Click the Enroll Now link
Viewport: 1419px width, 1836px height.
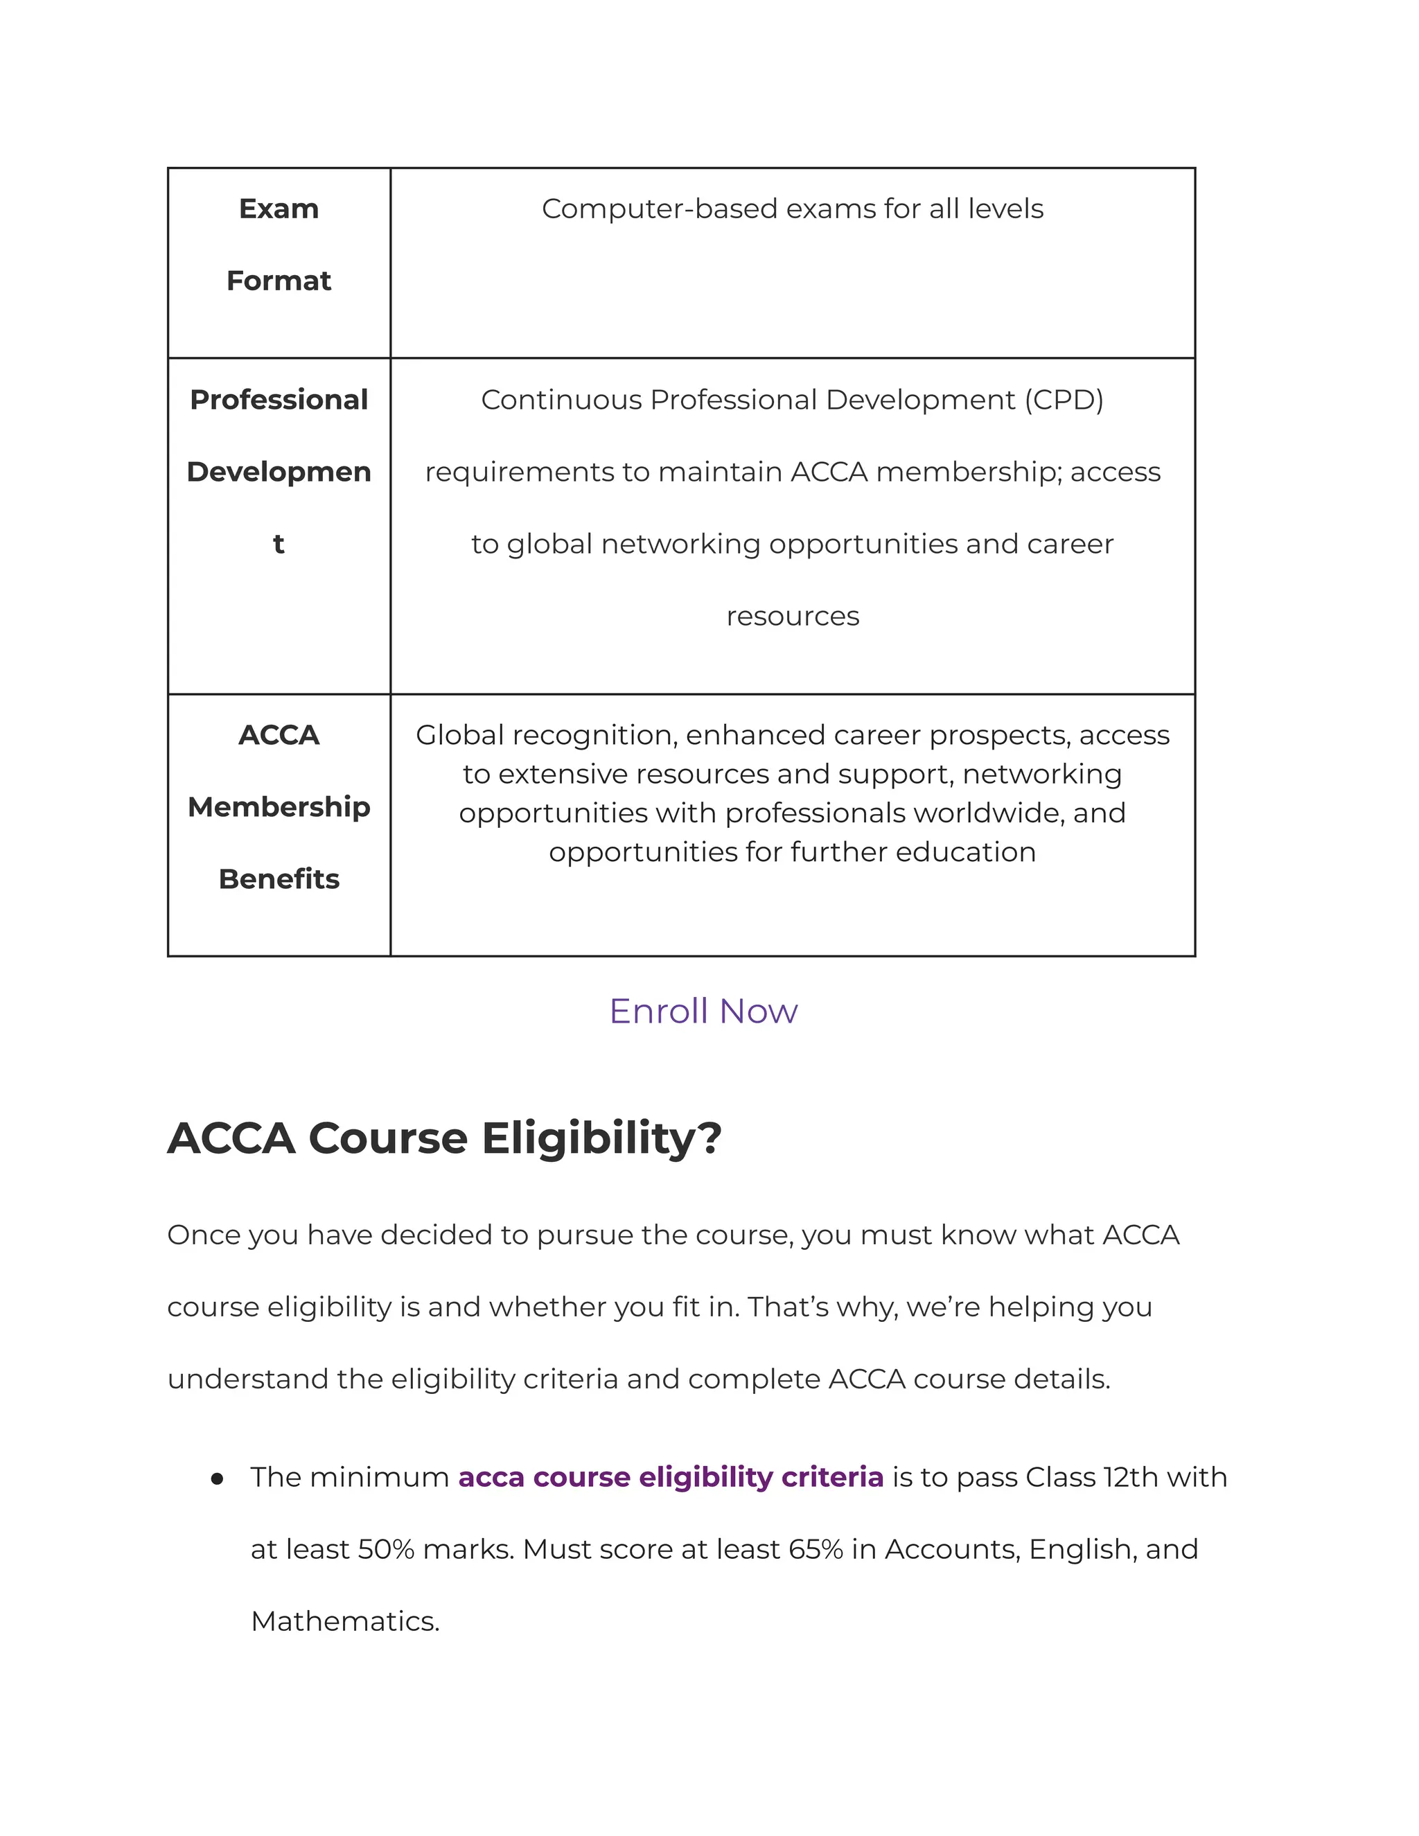point(703,1012)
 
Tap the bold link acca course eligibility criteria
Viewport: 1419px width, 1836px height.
point(670,1477)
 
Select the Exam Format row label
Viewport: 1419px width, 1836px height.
point(279,245)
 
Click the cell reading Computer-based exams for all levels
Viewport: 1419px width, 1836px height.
point(792,209)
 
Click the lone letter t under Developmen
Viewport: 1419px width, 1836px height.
point(279,545)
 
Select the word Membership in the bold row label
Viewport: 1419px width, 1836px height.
point(279,807)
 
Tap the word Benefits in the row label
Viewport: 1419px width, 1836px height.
point(279,879)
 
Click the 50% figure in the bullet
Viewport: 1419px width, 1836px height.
point(386,1549)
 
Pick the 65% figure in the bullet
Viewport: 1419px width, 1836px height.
point(816,1549)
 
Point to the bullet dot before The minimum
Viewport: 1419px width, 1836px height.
point(218,1478)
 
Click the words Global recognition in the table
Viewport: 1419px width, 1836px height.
point(547,736)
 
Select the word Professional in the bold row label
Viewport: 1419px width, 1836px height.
point(279,400)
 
